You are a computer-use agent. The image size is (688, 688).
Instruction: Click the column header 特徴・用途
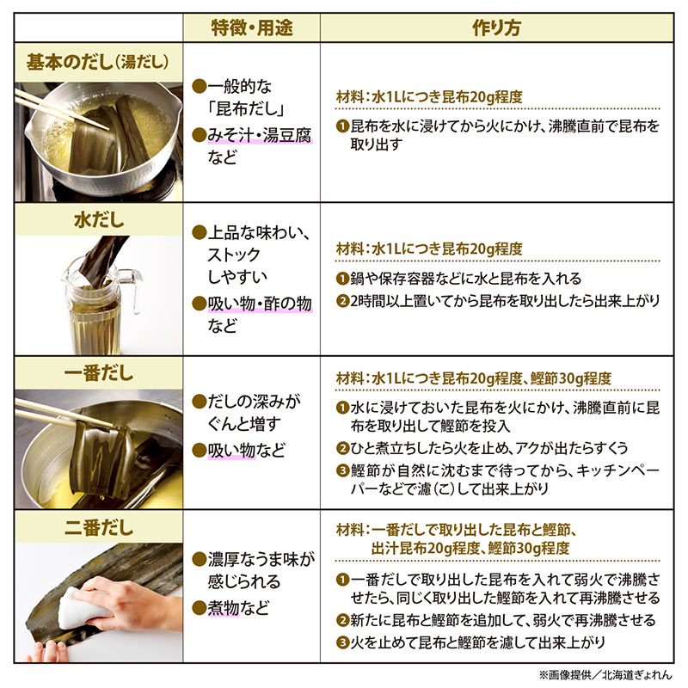coord(251,28)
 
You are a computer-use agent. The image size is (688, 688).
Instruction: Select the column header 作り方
coord(496,28)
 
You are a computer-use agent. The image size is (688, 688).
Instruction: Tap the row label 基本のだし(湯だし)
coord(97,62)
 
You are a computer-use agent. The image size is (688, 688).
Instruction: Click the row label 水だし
coord(99,220)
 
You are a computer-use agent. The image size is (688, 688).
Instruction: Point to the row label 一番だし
coord(99,373)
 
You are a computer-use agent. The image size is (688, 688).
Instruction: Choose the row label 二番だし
coord(99,527)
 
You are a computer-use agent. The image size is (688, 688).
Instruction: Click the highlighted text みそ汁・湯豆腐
coord(260,135)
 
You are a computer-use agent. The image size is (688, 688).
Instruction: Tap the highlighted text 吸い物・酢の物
coord(260,304)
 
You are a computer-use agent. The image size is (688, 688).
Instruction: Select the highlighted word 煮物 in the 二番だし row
coord(224,608)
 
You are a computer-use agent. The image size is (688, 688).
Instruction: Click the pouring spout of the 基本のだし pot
coord(177,104)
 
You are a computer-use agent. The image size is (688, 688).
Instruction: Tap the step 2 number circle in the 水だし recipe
coord(342,301)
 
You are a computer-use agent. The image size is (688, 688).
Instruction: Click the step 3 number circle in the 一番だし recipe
coord(342,470)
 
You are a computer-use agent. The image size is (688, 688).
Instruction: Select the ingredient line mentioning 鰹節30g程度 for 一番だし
coord(474,378)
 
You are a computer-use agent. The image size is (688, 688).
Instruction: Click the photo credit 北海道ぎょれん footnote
coord(605,675)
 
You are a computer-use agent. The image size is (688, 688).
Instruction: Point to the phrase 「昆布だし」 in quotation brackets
coord(246,108)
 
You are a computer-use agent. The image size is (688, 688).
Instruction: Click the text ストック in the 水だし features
coord(234,255)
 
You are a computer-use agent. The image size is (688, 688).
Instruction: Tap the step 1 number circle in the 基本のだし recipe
coord(342,126)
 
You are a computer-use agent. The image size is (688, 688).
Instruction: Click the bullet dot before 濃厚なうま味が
coord(200,560)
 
